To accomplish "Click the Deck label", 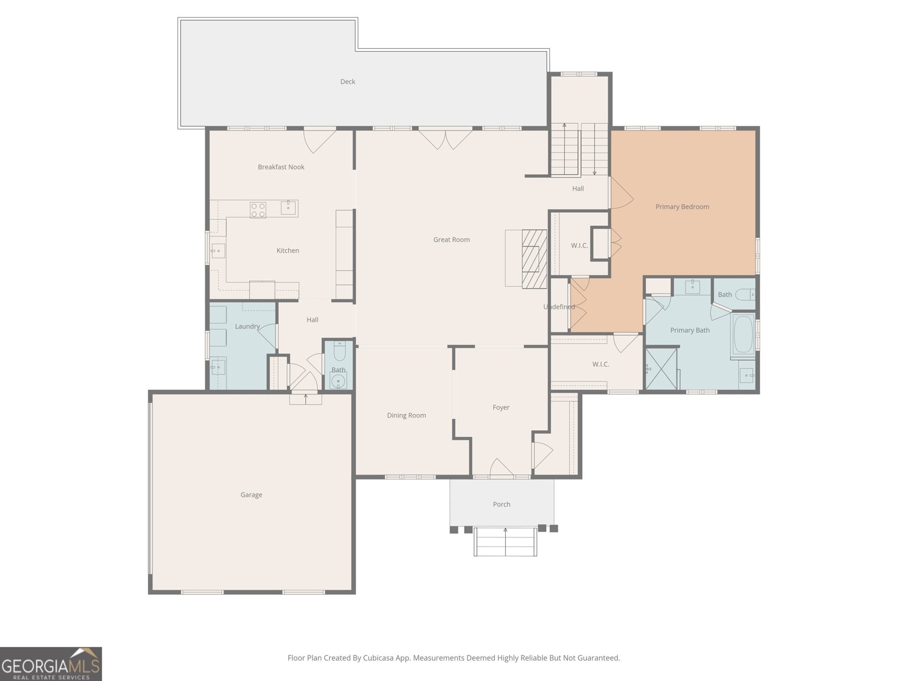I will coord(347,82).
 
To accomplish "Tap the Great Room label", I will coord(451,239).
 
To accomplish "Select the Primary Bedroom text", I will coord(682,207).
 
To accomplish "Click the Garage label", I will coord(251,495).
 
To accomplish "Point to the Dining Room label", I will coord(406,415).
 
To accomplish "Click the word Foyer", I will coord(501,407).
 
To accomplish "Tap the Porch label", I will coord(501,504).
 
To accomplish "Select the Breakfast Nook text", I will coord(281,167).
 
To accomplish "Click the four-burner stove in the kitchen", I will coord(258,210).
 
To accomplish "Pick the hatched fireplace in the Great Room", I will coord(533,259).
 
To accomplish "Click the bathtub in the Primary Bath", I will coord(743,335).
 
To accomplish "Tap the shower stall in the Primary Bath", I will coord(662,369).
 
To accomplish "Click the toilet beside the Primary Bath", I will coord(745,295).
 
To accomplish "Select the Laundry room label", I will coord(247,326).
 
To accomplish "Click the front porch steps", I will coord(505,542).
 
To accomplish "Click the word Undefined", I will coord(559,307).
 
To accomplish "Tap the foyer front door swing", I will coord(501,468).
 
